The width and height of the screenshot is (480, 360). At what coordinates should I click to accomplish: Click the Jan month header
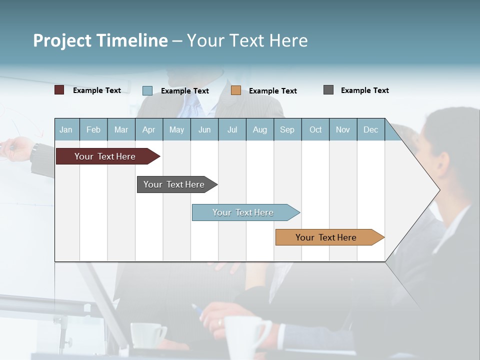[66, 130]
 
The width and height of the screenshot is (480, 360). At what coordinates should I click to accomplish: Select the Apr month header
[149, 130]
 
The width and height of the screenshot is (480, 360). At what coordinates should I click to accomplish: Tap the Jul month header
[232, 130]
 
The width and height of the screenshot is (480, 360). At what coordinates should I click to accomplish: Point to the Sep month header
[287, 130]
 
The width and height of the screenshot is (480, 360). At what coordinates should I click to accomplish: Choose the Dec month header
[370, 130]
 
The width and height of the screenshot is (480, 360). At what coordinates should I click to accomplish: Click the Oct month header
[315, 130]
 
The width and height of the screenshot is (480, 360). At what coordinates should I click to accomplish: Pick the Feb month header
[93, 130]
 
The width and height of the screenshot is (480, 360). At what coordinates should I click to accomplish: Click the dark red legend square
[59, 90]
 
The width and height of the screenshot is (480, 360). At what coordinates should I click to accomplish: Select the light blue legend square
[147, 90]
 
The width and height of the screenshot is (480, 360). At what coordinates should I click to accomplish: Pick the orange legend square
[236, 90]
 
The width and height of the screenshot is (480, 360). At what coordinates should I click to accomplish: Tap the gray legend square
[328, 90]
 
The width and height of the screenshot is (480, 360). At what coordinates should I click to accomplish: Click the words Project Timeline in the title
[100, 40]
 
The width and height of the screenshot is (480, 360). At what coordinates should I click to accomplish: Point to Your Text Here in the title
[247, 40]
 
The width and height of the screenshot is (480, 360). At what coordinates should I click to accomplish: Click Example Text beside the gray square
[364, 90]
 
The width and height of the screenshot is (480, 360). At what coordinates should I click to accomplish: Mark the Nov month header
[343, 130]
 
